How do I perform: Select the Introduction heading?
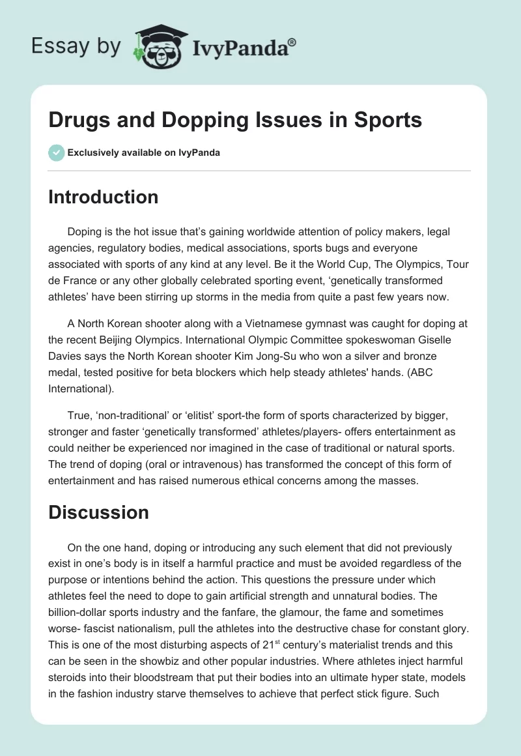[103, 197]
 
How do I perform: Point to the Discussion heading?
[98, 512]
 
